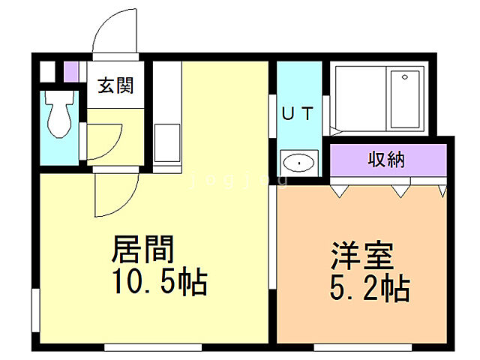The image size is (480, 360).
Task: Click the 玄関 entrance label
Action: (x=115, y=85)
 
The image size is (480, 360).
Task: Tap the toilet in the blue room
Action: (x=58, y=113)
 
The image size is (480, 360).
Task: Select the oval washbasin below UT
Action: (x=298, y=161)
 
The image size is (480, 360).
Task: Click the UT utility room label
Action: (x=297, y=114)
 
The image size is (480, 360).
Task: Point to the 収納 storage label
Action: (x=386, y=159)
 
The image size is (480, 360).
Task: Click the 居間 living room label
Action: (x=143, y=248)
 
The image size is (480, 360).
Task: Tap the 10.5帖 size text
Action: (x=159, y=283)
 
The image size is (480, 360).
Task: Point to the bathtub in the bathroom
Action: (x=405, y=98)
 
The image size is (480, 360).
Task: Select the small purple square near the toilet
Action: (x=70, y=72)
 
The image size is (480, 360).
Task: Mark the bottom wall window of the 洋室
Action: (x=365, y=347)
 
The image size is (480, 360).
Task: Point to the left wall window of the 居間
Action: (x=34, y=307)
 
